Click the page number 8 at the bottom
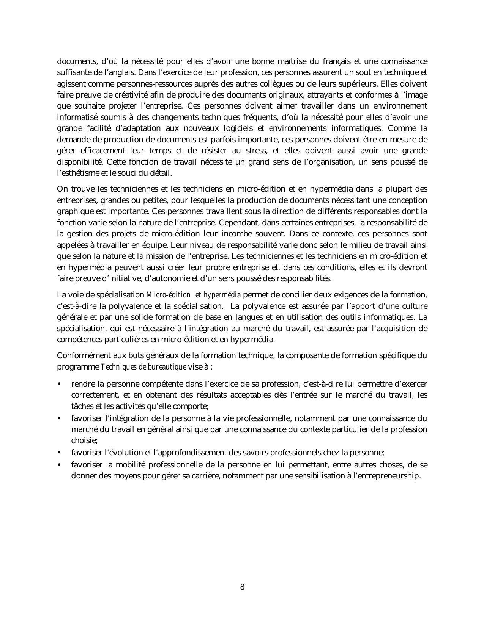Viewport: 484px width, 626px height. (242, 587)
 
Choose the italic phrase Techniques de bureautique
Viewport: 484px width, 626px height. (143, 367)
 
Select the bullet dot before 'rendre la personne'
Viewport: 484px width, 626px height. (59, 384)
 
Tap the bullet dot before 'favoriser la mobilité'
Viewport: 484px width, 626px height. (59, 464)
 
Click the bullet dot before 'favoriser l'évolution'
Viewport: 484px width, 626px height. (59, 453)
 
